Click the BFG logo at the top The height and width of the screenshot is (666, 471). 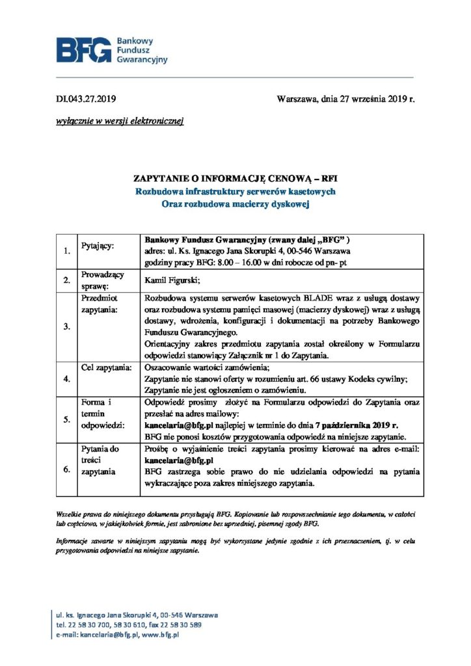tap(111, 50)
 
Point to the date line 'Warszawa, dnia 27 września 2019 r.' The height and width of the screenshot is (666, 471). tap(345, 100)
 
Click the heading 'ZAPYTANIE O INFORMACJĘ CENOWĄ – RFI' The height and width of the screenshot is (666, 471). tap(235, 178)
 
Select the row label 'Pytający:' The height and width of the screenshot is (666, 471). tap(98, 246)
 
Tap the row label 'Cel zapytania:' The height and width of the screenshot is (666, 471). tap(107, 367)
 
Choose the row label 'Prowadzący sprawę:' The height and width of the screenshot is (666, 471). tap(102, 280)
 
